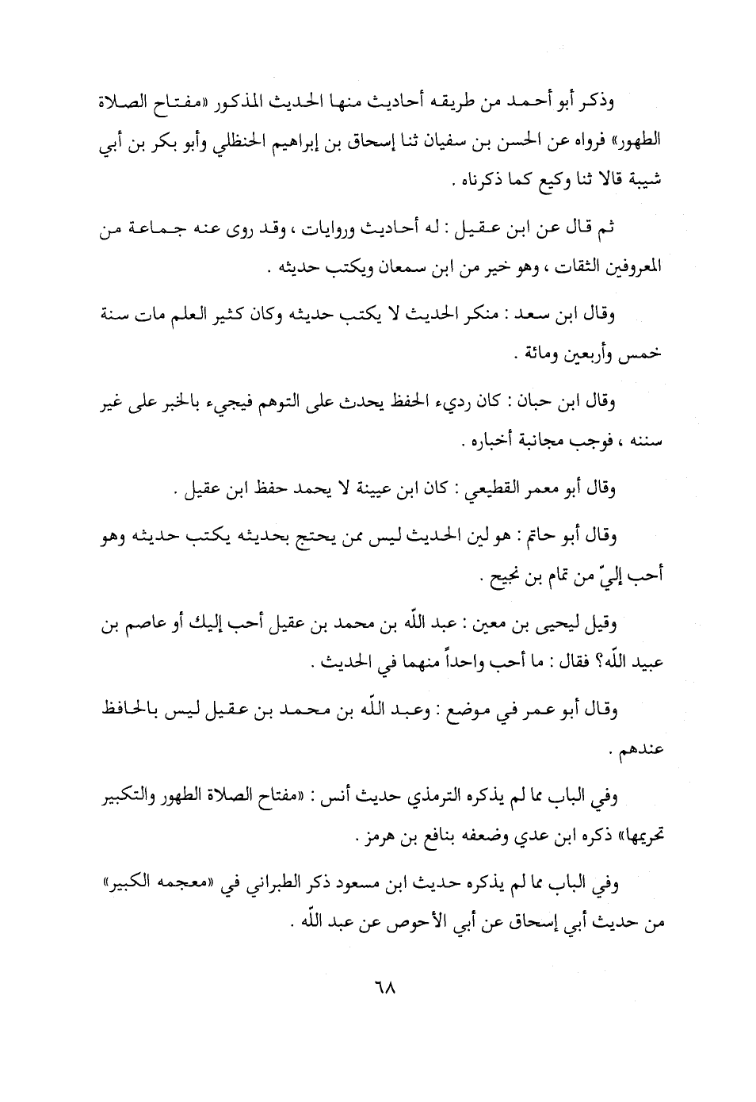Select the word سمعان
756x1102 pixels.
click(x=371, y=267)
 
